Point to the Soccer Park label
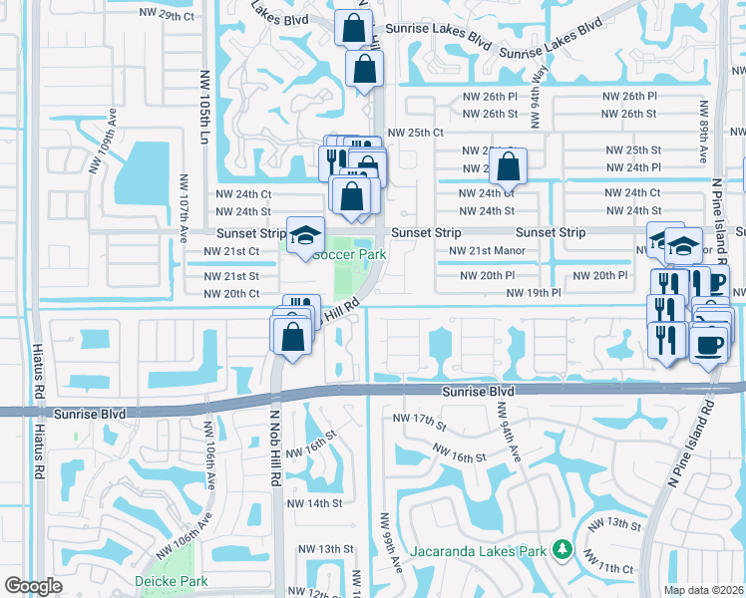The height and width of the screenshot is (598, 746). tap(350, 254)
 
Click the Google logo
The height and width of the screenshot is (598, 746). tap(34, 586)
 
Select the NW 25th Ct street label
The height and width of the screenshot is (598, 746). tap(415, 132)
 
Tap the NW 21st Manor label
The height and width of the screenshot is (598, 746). tap(487, 251)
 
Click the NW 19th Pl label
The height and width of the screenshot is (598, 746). tap(534, 293)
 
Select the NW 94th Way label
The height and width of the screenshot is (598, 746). tap(540, 93)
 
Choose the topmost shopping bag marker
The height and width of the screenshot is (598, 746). tap(353, 28)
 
